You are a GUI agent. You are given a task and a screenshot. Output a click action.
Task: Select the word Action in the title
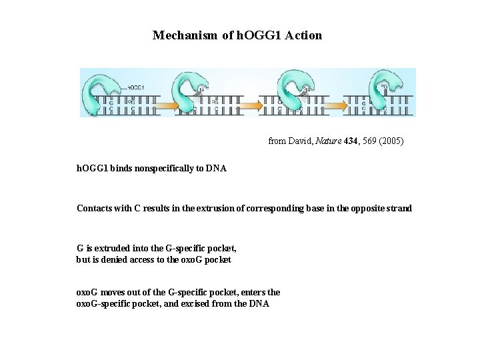coord(303,35)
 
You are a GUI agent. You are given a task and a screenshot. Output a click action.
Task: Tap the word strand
coord(398,209)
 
